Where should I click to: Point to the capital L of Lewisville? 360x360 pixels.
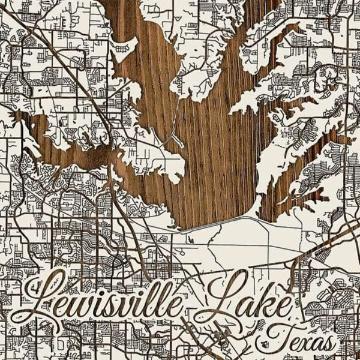(45, 297)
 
